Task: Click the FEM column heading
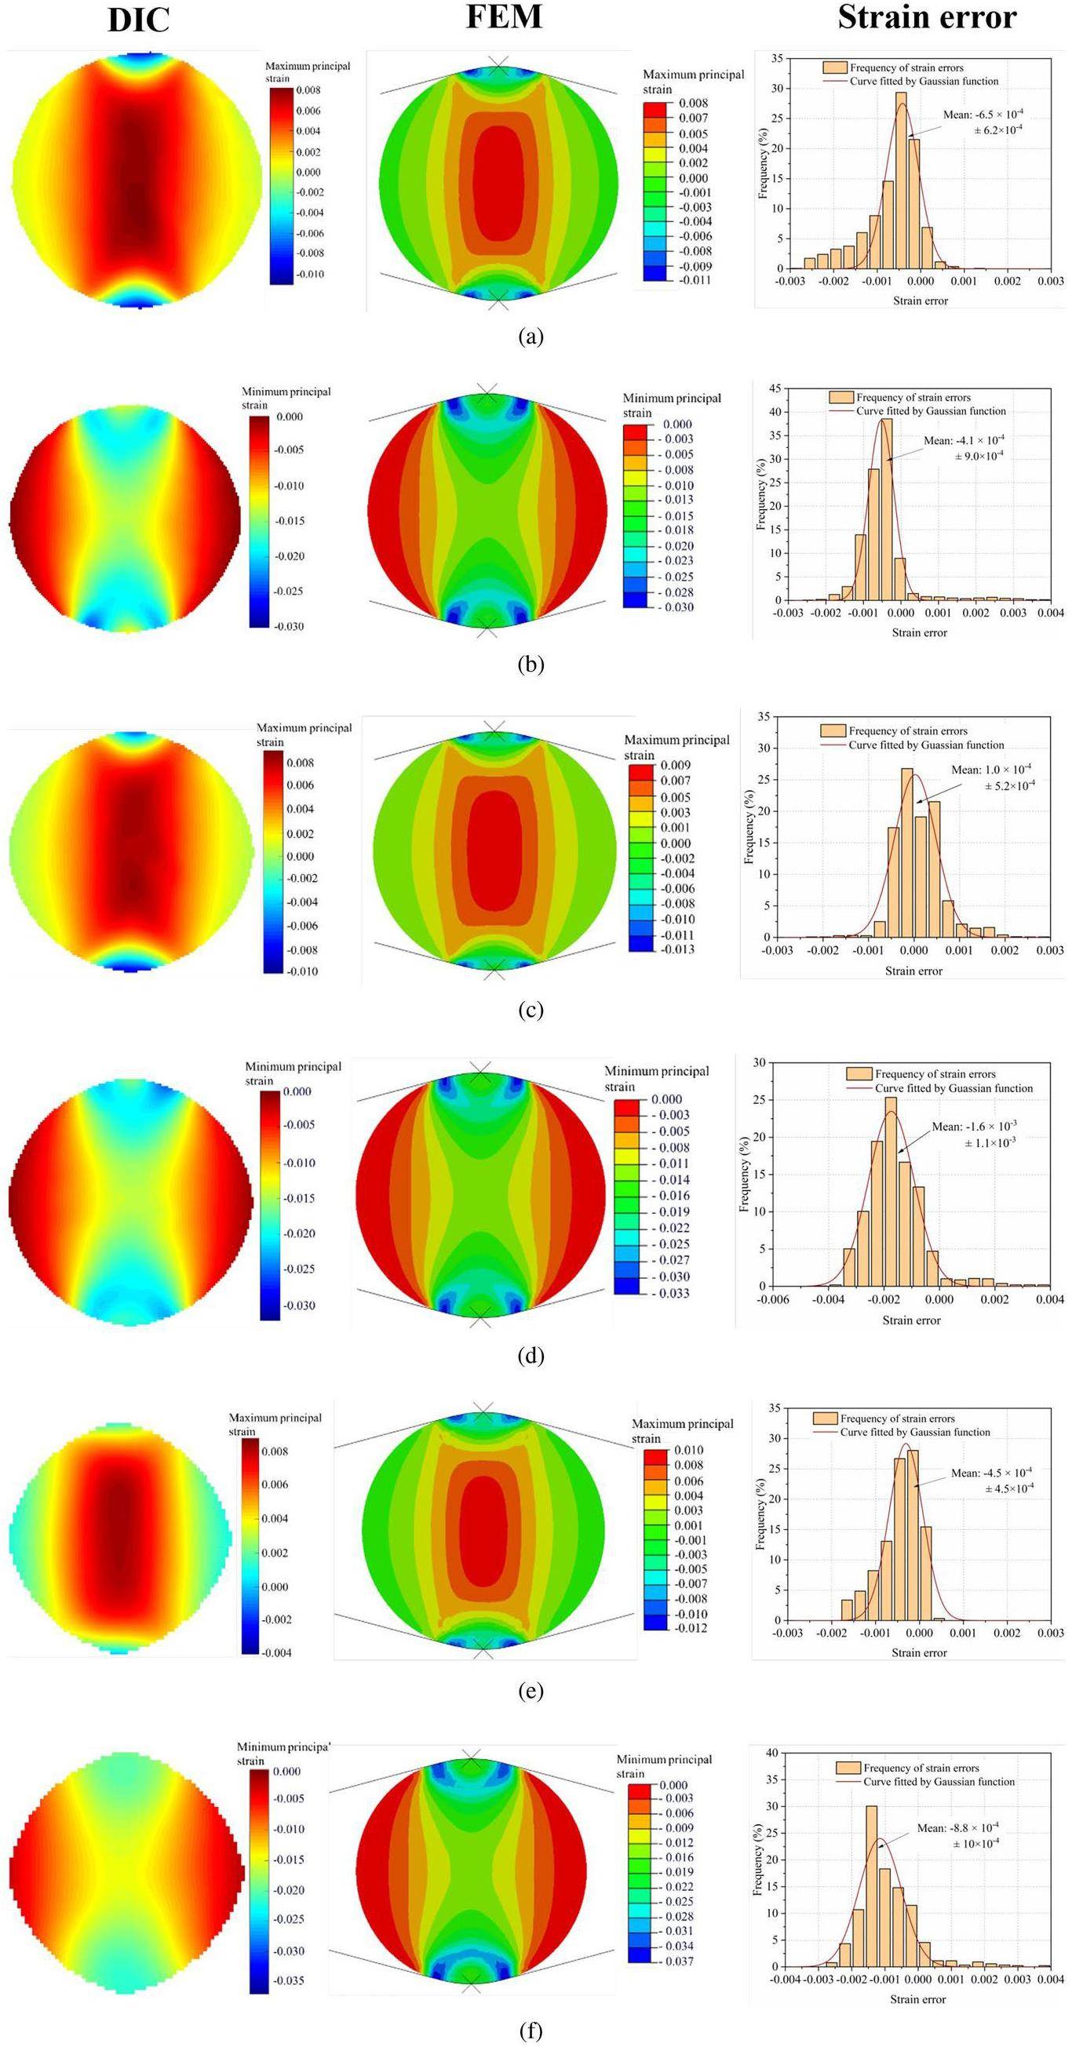504,16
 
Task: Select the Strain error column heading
927,17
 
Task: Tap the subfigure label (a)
531,336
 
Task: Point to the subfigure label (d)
531,1357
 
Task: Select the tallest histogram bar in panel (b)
887,509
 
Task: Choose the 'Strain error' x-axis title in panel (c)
913,971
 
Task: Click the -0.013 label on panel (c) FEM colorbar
677,949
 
